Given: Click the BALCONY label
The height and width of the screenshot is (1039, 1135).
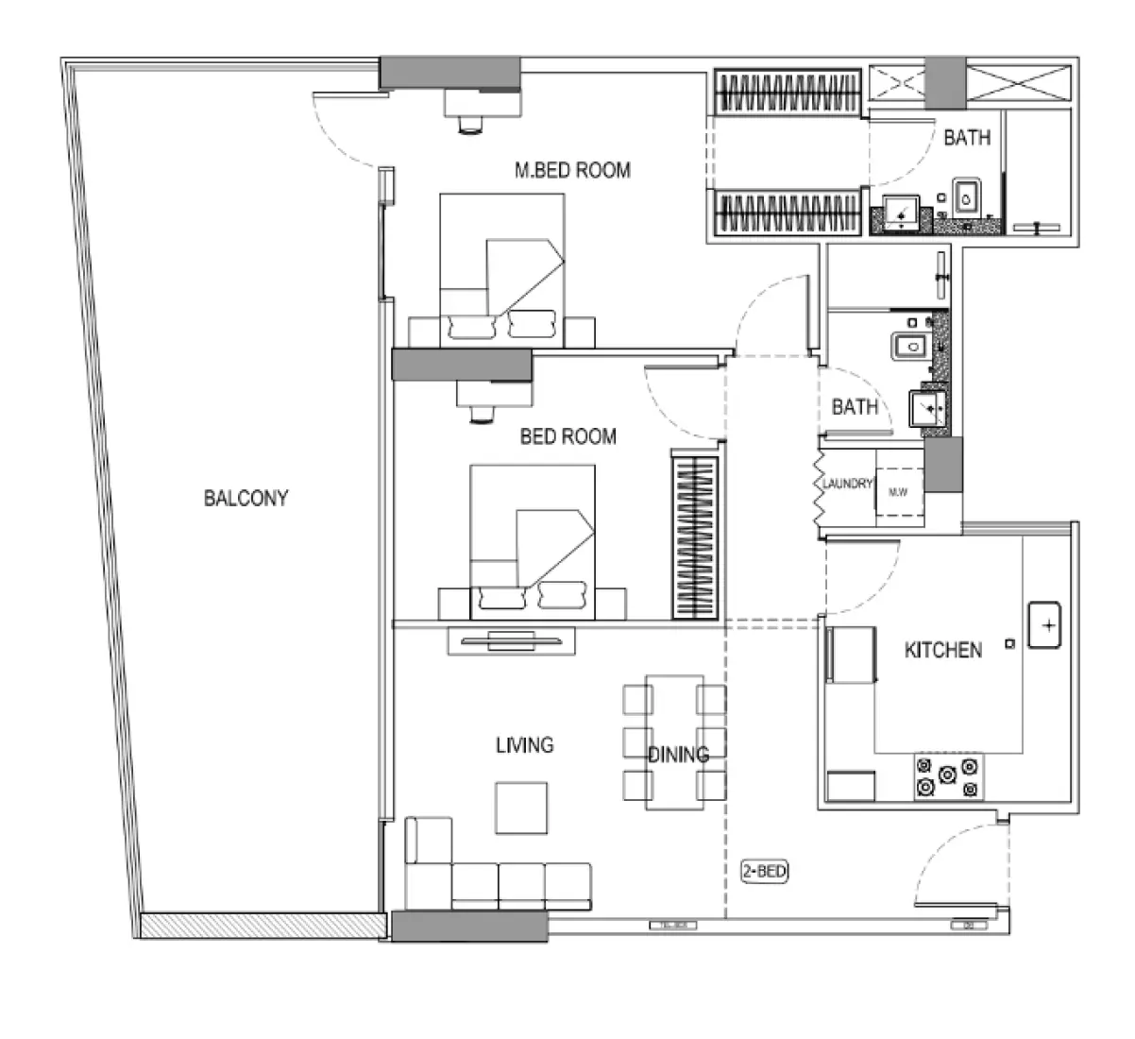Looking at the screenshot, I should (x=246, y=498).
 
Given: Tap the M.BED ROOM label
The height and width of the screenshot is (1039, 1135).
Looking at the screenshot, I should (x=572, y=171).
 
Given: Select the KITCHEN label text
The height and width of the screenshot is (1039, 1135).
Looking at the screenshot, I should (x=942, y=650).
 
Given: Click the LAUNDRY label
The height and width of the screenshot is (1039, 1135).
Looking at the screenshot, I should (x=846, y=484).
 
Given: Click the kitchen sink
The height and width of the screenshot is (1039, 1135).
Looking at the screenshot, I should (x=1046, y=624).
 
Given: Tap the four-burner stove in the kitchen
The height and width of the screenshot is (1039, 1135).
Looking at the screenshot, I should (x=947, y=778).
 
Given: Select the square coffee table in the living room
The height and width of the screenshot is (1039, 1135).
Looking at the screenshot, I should (x=521, y=808).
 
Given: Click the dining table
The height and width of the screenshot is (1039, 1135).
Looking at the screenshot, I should (x=674, y=741).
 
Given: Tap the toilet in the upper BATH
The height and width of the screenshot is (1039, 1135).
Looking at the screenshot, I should (x=966, y=196).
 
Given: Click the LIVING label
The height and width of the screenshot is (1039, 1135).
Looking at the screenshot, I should (x=525, y=745).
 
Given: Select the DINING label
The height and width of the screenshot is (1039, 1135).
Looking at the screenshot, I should (x=678, y=755).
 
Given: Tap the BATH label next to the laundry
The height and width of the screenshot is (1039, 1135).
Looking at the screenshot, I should (x=855, y=407).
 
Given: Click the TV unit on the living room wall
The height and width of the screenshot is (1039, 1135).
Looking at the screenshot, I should (x=511, y=640).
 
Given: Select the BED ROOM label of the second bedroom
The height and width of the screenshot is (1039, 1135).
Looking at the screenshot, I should (x=567, y=436).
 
